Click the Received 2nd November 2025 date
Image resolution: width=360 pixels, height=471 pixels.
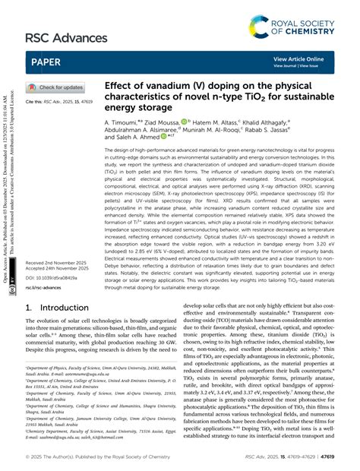tap(58, 284)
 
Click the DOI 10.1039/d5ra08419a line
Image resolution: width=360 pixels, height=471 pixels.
tap(55, 301)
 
